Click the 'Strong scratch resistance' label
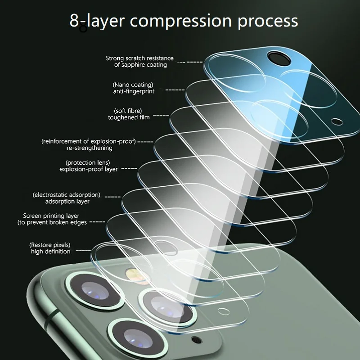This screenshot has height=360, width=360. click(139, 58)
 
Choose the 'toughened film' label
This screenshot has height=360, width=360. click(129, 117)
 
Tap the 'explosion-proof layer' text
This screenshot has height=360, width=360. click(89, 169)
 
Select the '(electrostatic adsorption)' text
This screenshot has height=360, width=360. click(66, 195)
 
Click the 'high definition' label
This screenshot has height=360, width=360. click(51, 252)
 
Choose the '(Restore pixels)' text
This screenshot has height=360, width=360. click(50, 244)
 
